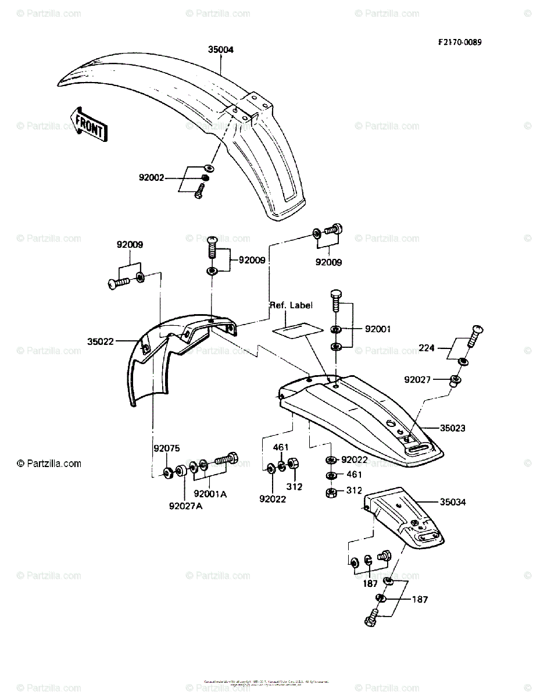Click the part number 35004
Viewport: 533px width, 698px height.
(221, 50)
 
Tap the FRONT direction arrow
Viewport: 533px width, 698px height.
(88, 123)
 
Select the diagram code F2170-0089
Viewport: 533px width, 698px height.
(460, 42)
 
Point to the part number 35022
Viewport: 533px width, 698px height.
(100, 342)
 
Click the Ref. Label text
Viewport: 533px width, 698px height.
(291, 305)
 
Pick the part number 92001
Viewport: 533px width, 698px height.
(378, 329)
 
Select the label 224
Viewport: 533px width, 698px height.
(427, 348)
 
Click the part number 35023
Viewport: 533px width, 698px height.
(453, 428)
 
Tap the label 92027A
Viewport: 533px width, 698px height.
(186, 505)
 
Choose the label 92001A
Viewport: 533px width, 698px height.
(210, 494)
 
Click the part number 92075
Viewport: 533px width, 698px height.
(167, 448)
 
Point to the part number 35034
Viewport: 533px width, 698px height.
(453, 501)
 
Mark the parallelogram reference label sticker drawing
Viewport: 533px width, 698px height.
(298, 329)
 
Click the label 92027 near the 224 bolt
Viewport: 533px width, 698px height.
(418, 380)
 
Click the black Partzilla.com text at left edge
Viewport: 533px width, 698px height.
(49, 464)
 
